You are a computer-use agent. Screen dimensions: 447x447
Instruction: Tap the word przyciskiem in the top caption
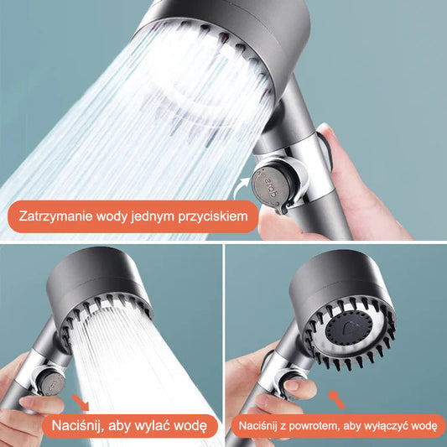215,217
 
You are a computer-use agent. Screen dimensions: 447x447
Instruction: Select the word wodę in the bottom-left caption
195,427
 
